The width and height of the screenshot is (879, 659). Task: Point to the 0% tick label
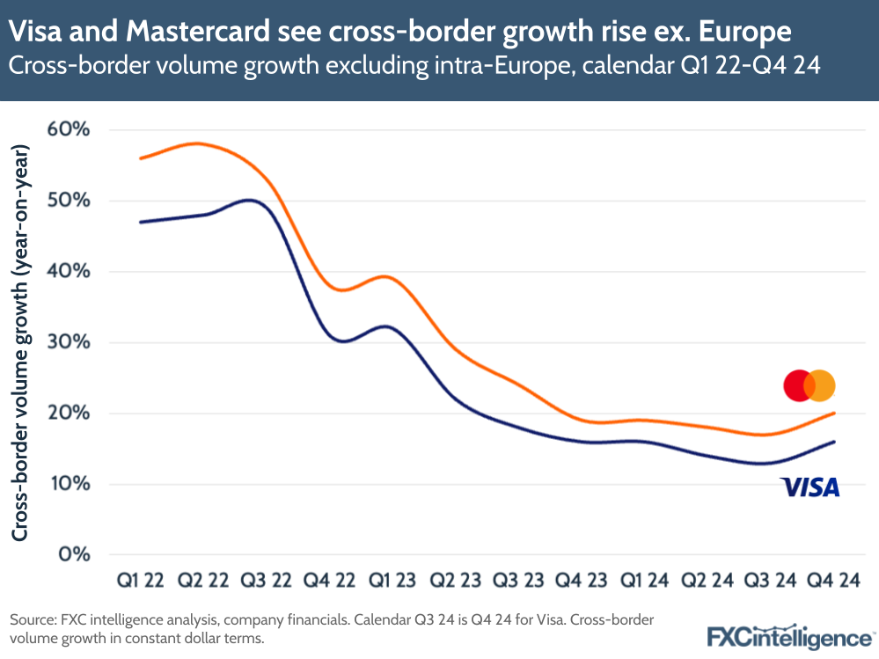[76, 555]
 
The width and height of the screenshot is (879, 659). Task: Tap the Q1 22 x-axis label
[141, 581]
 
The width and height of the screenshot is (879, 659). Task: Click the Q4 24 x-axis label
[833, 581]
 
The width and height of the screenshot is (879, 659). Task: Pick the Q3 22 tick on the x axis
[267, 581]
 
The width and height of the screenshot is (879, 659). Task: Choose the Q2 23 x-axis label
[456, 581]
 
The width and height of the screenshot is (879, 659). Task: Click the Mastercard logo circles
[809, 385]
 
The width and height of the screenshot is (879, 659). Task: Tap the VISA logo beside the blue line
[809, 487]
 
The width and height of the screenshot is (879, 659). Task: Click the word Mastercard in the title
[205, 33]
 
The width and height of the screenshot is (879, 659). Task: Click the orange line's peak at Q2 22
[201, 143]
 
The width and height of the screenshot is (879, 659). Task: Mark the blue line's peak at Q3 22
[251, 200]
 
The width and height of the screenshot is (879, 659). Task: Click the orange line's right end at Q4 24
[833, 413]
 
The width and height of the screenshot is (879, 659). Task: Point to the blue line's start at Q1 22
[141, 222]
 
